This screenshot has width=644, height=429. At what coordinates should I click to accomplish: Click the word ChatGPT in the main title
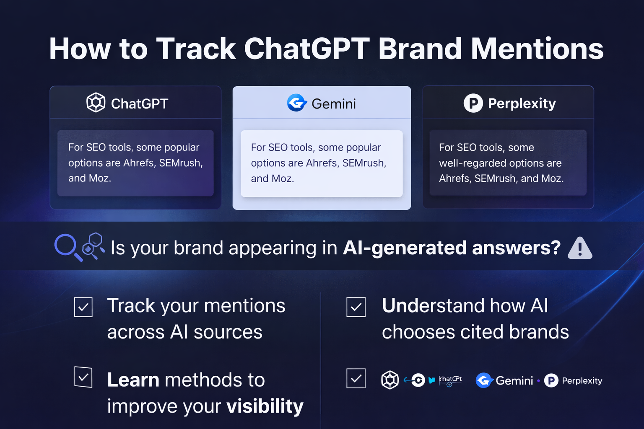tap(306, 49)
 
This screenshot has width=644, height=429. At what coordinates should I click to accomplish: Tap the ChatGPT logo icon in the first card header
tap(96, 103)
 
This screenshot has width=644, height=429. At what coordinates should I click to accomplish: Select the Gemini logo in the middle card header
tap(297, 103)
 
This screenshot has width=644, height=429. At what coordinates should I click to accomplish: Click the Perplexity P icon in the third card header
tap(473, 103)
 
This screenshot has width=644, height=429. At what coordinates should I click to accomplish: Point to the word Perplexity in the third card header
tap(522, 103)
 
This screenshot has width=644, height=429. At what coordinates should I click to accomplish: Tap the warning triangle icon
tap(580, 248)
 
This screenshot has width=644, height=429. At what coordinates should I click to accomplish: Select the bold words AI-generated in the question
tap(405, 248)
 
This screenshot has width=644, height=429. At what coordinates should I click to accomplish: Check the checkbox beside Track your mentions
tap(83, 308)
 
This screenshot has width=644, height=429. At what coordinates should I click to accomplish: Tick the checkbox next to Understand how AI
tap(356, 307)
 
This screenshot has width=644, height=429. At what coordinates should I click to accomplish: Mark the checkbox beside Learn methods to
tap(83, 377)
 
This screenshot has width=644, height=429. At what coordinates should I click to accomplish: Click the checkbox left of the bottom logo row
tap(356, 378)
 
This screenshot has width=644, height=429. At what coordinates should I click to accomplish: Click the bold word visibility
tap(265, 406)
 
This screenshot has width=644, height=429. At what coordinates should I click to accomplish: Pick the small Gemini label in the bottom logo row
tap(514, 380)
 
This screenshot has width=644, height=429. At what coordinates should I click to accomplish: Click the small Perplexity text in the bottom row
tap(582, 380)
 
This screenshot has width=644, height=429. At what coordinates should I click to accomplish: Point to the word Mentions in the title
tap(537, 49)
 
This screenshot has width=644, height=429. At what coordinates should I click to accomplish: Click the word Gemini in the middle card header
tap(333, 103)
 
